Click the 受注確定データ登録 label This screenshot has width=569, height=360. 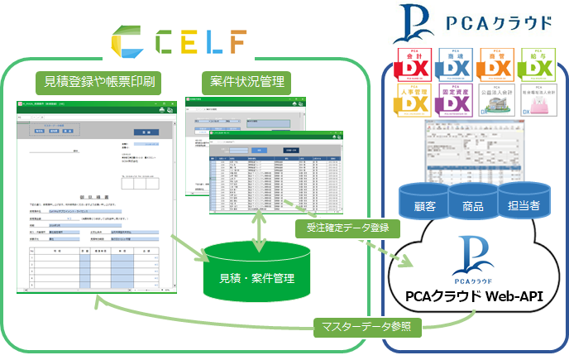[346, 227]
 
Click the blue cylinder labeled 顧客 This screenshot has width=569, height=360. [423, 203]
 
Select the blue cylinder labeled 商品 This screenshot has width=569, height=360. [472, 203]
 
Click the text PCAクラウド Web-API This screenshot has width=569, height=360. [473, 296]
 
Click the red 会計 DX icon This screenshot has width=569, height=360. [415, 65]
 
